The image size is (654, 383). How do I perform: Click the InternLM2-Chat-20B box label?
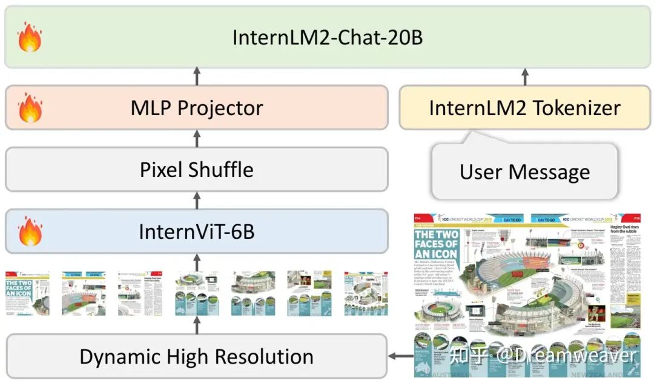tap(328, 37)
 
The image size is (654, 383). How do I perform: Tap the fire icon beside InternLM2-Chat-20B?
tap(30, 37)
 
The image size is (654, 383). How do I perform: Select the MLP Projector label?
tap(197, 108)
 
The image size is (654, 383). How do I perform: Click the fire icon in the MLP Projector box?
tap(30, 108)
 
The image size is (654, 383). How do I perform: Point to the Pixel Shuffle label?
tap(197, 169)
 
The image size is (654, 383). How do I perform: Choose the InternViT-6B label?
tap(197, 231)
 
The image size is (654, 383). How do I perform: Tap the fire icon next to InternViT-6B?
tap(30, 231)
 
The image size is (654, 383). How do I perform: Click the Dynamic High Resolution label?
tap(197, 356)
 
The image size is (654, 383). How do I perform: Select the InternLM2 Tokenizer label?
tap(524, 108)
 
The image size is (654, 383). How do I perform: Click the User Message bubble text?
tap(524, 172)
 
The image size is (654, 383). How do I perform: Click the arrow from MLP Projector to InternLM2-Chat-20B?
tap(196, 76)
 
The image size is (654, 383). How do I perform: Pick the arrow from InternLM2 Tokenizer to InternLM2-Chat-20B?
tap(524, 76)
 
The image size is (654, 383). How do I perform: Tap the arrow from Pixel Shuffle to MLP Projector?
tap(196, 138)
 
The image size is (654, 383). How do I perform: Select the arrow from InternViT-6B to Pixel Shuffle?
tap(196, 201)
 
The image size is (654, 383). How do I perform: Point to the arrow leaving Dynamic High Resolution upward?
tap(196, 325)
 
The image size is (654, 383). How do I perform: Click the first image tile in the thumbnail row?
tap(27, 293)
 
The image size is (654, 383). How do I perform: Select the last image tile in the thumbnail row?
tap(366, 293)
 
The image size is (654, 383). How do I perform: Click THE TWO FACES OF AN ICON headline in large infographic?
tap(436, 243)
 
